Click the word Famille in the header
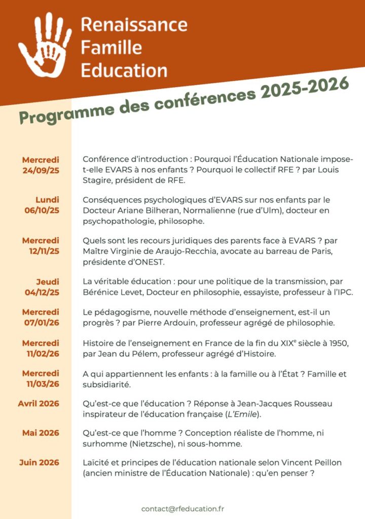(111, 47)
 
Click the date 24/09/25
(41, 170)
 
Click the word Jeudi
(47, 282)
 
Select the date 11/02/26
(43, 353)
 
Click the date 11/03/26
(43, 384)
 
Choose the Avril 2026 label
(39, 403)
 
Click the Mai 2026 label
(41, 433)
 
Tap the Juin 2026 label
(39, 462)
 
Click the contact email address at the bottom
(182, 508)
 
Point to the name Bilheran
(161, 210)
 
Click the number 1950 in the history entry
(337, 344)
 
